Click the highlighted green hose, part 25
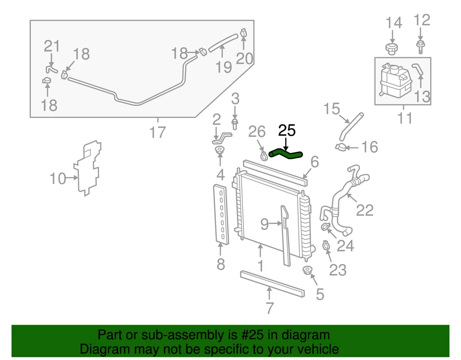(x=286, y=153)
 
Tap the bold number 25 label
(x=286, y=131)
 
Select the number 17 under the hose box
(x=157, y=133)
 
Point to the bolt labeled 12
(x=420, y=45)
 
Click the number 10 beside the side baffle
(x=58, y=178)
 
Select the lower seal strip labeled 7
(x=272, y=283)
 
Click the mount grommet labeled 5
(x=306, y=270)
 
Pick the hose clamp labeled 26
(x=263, y=155)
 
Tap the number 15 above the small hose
(x=331, y=110)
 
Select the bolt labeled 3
(x=235, y=123)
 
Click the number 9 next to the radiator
(x=264, y=224)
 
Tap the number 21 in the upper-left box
(x=52, y=46)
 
